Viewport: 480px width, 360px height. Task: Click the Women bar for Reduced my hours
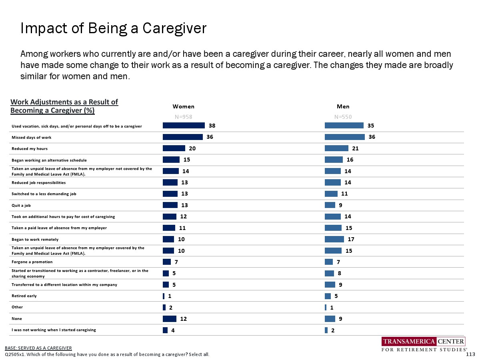(x=174, y=148)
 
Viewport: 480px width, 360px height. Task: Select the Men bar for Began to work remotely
(x=334, y=239)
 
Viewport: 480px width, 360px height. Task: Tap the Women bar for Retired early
(x=164, y=296)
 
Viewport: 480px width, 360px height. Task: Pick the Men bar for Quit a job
(x=330, y=205)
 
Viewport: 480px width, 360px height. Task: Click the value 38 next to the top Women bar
(x=212, y=126)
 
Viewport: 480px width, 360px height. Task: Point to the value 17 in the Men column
(x=351, y=239)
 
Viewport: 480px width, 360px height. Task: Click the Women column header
(x=183, y=106)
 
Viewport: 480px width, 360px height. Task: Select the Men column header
(x=343, y=106)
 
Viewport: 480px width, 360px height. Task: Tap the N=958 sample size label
(x=183, y=117)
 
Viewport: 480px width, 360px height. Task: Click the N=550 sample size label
(x=343, y=117)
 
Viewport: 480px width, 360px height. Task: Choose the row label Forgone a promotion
(x=32, y=262)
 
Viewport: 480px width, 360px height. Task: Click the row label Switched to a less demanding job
(x=43, y=194)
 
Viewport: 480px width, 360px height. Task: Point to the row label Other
(x=17, y=307)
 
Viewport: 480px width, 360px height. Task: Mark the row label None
(x=16, y=319)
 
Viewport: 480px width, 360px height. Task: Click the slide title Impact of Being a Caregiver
(x=113, y=28)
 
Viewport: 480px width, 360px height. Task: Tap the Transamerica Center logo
(x=424, y=345)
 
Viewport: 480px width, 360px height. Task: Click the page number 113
(x=470, y=354)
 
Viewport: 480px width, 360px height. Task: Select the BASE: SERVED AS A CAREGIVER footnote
(x=38, y=348)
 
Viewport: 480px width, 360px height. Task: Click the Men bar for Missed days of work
(x=345, y=137)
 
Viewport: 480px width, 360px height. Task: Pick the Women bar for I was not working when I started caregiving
(x=165, y=330)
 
